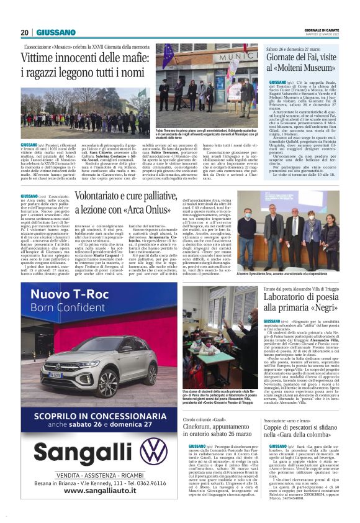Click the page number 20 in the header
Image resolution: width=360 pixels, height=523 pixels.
click(x=24, y=32)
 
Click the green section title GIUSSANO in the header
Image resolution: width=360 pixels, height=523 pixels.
click(x=56, y=32)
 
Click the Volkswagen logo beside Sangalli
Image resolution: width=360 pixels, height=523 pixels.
click(x=153, y=451)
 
